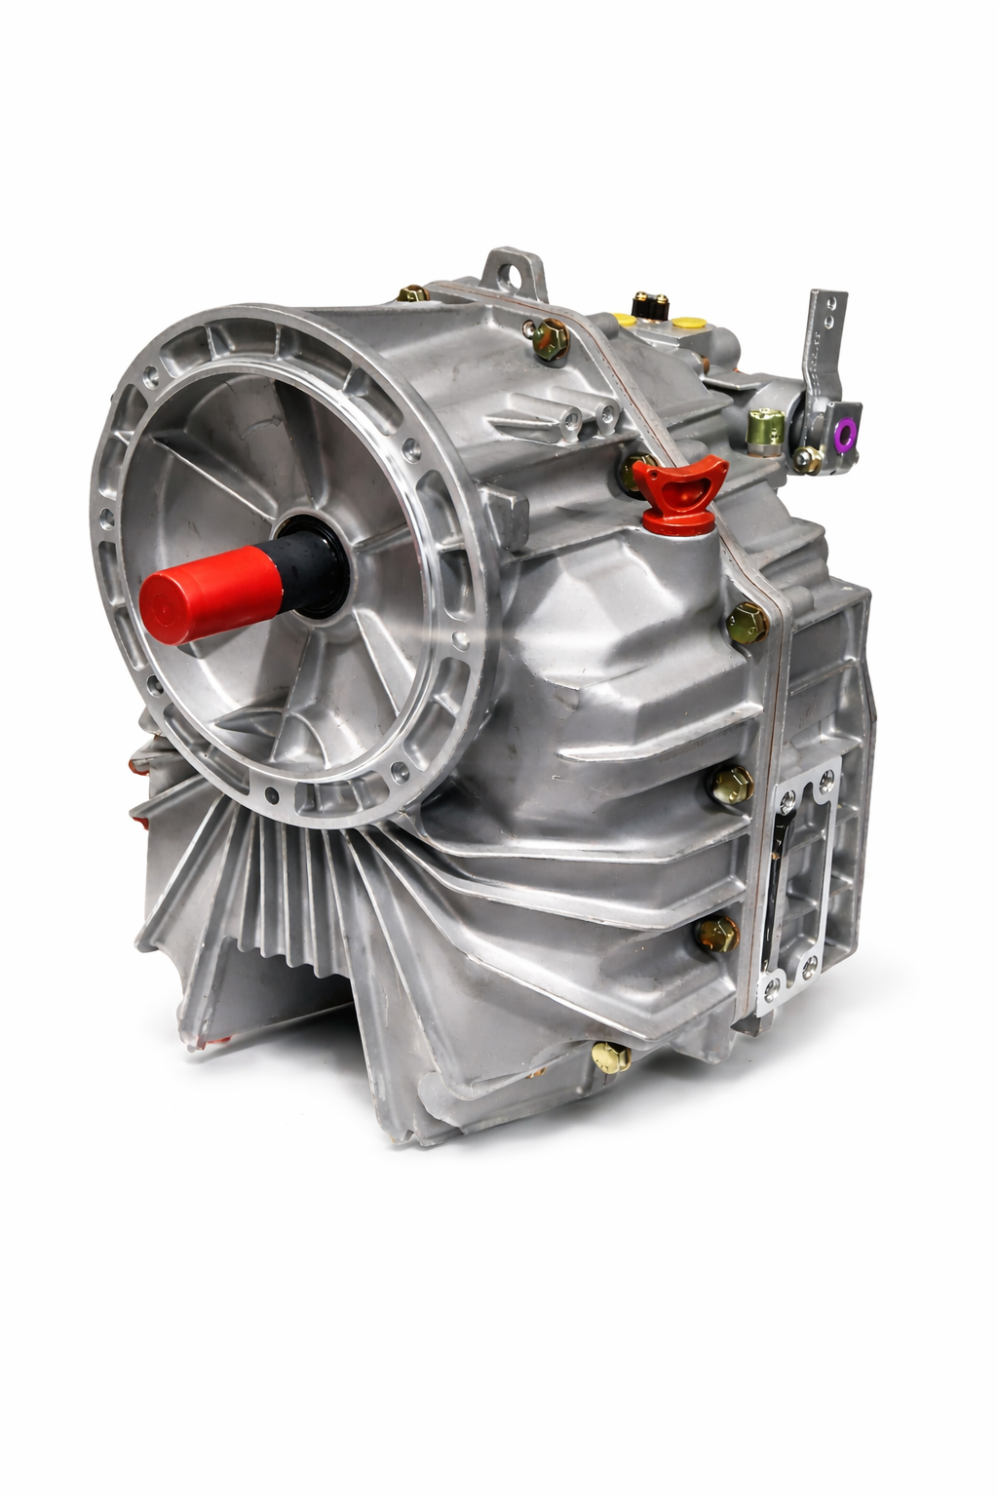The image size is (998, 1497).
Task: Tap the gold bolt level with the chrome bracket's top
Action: tap(732, 780)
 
